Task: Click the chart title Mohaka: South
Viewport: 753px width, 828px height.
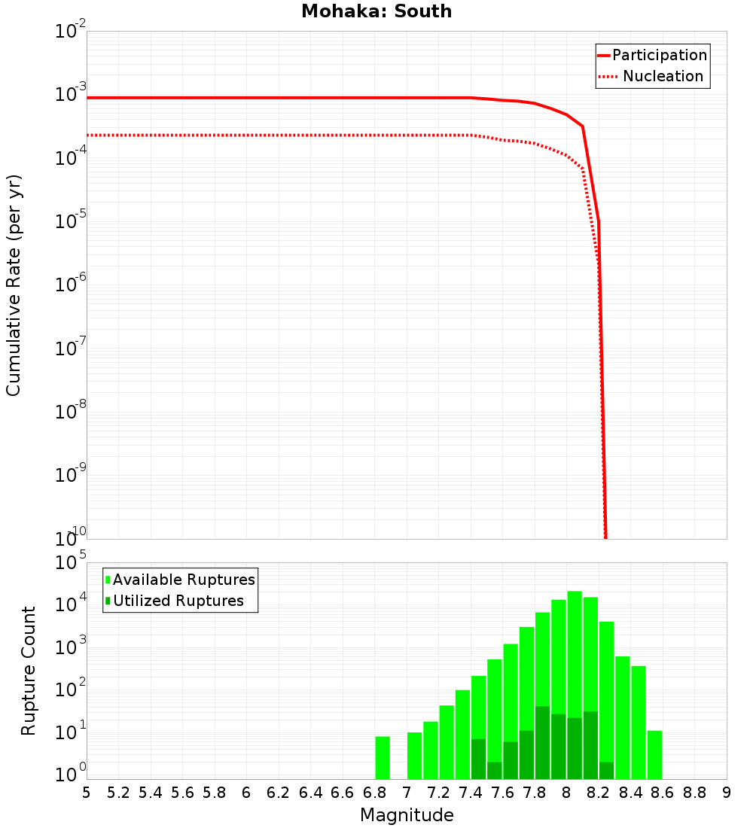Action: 376,11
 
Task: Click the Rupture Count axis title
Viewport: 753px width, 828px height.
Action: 29,671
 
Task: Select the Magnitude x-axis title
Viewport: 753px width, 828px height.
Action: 407,815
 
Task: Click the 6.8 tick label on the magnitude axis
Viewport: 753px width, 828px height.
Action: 374,793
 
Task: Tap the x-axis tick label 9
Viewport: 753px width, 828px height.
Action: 727,793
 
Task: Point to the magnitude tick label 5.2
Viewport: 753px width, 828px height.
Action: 118,793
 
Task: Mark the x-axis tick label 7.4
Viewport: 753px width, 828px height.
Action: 471,793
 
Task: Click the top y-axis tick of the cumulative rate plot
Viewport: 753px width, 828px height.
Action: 71,32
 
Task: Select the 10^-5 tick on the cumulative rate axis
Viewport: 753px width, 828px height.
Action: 71,221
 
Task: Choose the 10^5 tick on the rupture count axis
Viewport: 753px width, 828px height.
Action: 72,563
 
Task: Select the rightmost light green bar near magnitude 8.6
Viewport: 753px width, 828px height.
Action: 654,755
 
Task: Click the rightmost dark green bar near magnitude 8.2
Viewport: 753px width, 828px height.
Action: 606,771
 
